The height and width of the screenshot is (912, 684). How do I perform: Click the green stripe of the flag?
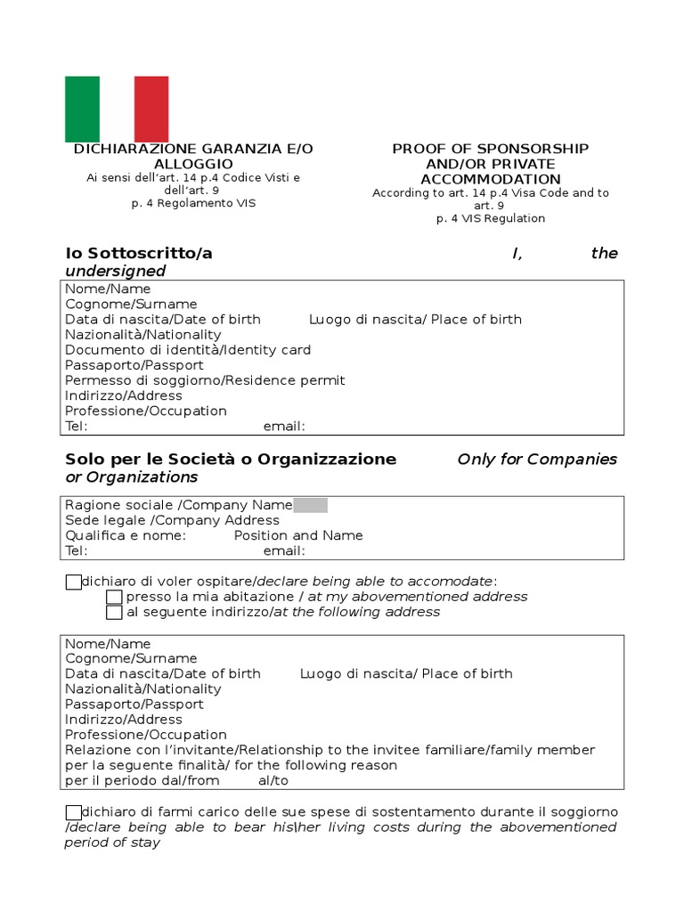(x=82, y=109)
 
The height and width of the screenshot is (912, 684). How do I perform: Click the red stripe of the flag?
(x=151, y=109)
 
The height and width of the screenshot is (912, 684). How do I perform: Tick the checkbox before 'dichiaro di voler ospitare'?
(x=73, y=582)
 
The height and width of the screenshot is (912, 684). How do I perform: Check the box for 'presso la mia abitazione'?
(x=114, y=597)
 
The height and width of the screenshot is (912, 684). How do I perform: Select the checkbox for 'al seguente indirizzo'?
(x=114, y=613)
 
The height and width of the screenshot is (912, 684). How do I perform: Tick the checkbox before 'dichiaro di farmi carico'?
(x=73, y=812)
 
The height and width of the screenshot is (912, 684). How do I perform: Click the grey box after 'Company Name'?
(x=310, y=505)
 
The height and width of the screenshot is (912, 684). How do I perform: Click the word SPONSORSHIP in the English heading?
(x=532, y=149)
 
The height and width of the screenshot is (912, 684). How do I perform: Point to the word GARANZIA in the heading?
(x=233, y=149)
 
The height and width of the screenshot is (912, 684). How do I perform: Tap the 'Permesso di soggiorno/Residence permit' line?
(x=205, y=380)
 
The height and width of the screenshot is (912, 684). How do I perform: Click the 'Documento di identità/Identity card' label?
(x=188, y=350)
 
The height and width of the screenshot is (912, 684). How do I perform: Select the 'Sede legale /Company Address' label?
(x=172, y=520)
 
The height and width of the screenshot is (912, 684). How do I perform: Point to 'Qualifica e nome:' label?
(x=126, y=535)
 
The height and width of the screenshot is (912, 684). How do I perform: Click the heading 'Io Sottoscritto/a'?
(x=139, y=253)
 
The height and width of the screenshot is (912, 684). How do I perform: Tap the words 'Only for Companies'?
(x=537, y=460)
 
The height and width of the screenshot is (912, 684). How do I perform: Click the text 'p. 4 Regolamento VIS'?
(x=193, y=203)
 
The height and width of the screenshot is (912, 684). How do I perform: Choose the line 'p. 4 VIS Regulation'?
(x=491, y=218)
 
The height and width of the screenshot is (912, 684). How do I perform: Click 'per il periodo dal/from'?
(x=142, y=780)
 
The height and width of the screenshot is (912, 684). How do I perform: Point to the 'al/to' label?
(x=273, y=780)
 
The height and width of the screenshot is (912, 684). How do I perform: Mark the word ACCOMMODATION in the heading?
(x=491, y=179)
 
